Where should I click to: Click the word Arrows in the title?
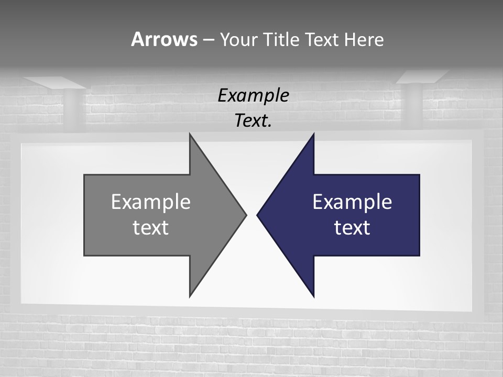[164, 39]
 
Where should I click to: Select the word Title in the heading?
[282, 39]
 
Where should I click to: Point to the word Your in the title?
[238, 39]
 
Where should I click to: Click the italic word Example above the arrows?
[253, 95]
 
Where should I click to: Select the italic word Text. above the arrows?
[253, 120]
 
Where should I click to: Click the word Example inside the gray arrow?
[151, 202]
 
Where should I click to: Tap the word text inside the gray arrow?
[151, 227]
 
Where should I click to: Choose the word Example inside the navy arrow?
[352, 202]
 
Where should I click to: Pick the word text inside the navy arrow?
[352, 227]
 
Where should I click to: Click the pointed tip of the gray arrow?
[245, 214]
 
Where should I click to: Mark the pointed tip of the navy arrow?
[258, 214]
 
